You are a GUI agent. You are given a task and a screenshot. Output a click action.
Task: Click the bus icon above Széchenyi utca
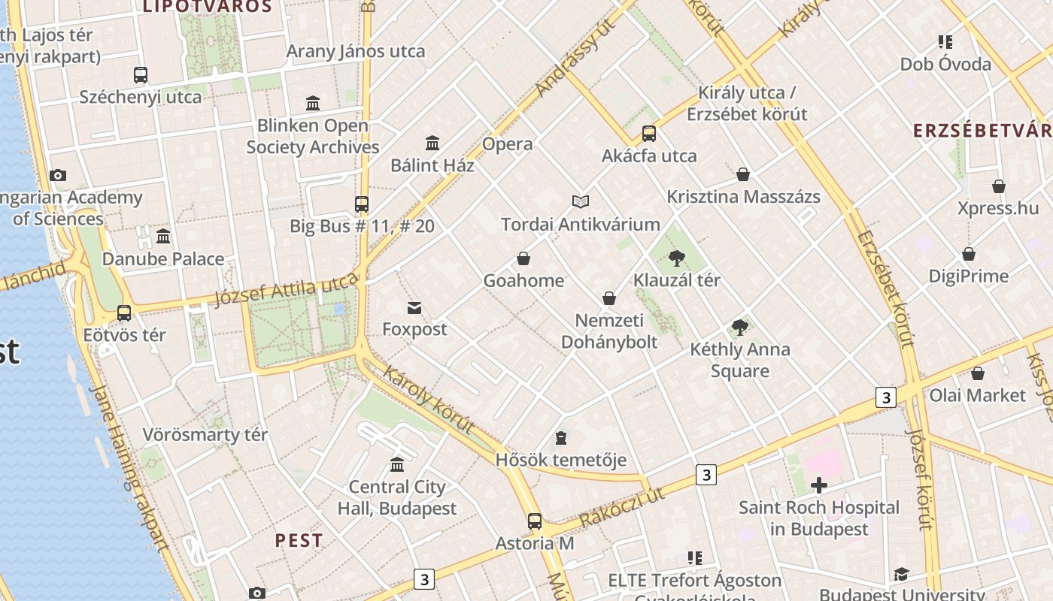[141, 75]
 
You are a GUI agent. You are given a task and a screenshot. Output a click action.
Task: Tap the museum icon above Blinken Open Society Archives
[313, 103]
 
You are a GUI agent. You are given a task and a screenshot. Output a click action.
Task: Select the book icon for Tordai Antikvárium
[580, 201]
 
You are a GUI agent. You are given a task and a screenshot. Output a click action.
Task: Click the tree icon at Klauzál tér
[677, 258]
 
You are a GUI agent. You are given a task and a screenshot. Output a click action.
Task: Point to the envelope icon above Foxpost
[414, 307]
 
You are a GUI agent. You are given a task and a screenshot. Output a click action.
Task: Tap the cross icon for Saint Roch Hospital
[819, 485]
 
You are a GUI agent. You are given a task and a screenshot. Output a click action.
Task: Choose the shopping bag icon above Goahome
[523, 259]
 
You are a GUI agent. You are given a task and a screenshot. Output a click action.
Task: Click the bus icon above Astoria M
[535, 521]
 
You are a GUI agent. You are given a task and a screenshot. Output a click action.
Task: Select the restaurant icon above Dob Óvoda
[945, 42]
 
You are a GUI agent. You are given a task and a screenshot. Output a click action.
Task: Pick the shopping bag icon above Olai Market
[978, 373]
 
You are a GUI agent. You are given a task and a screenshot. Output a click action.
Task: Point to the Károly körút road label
[428, 400]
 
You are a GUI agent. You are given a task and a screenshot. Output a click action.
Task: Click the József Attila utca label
[286, 289]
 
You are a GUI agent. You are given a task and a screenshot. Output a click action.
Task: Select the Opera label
[507, 144]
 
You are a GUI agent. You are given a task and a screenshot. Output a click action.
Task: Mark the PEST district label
[299, 540]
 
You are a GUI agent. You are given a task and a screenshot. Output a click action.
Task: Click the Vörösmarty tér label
[205, 435]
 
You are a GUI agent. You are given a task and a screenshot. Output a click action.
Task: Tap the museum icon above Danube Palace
[163, 237]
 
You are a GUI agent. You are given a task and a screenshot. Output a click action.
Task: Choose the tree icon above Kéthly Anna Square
[740, 328]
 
